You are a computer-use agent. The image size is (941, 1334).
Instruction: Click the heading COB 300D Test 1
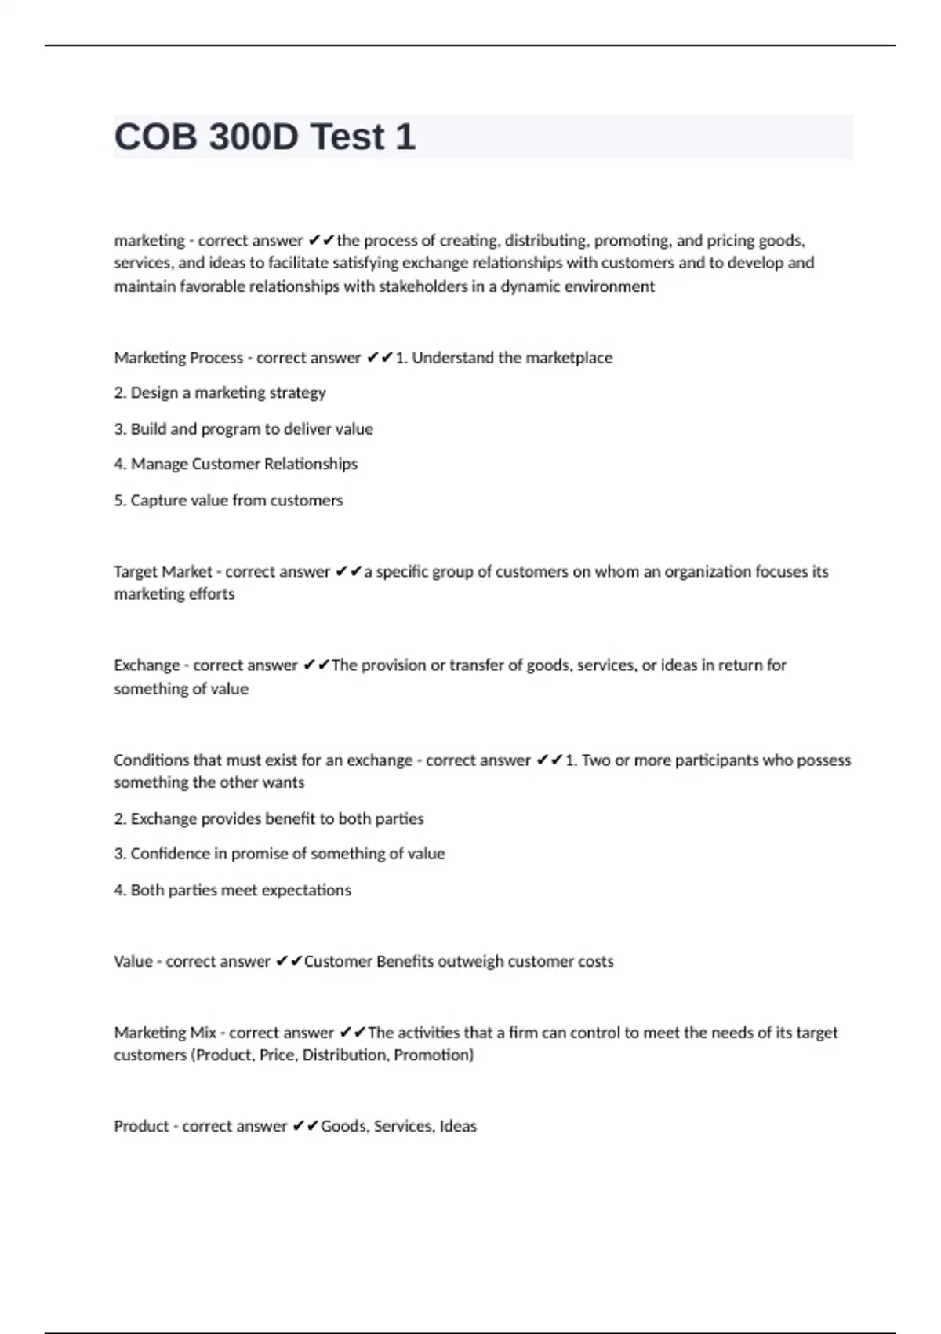(x=265, y=137)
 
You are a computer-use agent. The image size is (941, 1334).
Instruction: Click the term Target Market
(x=163, y=572)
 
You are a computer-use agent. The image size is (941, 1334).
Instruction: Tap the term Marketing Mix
(x=165, y=1033)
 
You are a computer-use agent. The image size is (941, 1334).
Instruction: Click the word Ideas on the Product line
(x=458, y=1127)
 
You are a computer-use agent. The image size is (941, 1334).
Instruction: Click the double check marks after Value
(x=289, y=962)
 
